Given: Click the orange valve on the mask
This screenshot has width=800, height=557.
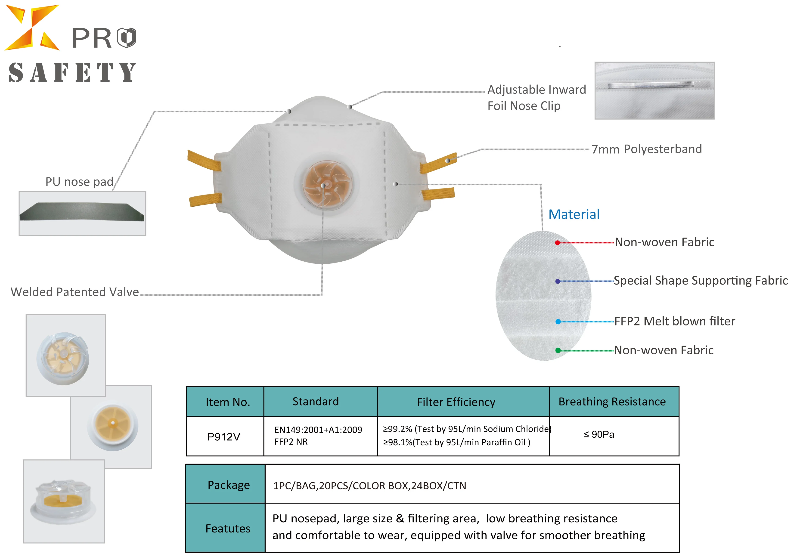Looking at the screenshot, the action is pos(323,185).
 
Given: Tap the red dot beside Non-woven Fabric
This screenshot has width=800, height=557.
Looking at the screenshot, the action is pos(558,243).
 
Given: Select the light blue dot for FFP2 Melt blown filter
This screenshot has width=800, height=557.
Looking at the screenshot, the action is pos(558,322).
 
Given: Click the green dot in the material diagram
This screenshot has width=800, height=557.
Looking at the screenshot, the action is pos(558,350).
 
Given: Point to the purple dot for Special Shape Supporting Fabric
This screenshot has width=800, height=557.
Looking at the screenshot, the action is pos(558,281).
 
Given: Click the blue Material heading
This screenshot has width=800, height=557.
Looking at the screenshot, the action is pos(574,214).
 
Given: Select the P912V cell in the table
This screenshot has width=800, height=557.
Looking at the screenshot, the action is pos(224,436).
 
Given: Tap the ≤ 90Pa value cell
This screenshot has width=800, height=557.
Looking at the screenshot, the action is pos(598,434).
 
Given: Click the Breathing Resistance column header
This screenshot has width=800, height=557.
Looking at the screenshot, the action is pos(612,402).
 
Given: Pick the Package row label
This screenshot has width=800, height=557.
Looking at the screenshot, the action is pos(229,485).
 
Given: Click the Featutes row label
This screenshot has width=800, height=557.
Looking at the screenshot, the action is pos(228,529).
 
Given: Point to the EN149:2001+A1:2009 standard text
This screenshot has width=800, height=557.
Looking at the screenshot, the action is pos(318,430).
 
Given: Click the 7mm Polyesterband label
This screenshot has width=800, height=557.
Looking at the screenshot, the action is pos(647,149).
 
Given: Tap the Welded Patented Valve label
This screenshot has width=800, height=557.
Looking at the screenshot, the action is pos(74,292).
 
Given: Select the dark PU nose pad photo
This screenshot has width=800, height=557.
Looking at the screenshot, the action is pos(82,212).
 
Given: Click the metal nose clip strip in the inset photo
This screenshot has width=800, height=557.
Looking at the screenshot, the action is pos(651,85).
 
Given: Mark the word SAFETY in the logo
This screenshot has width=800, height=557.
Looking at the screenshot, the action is pos(72,72).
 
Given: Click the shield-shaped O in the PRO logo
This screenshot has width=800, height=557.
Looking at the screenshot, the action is pos(127,38).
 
